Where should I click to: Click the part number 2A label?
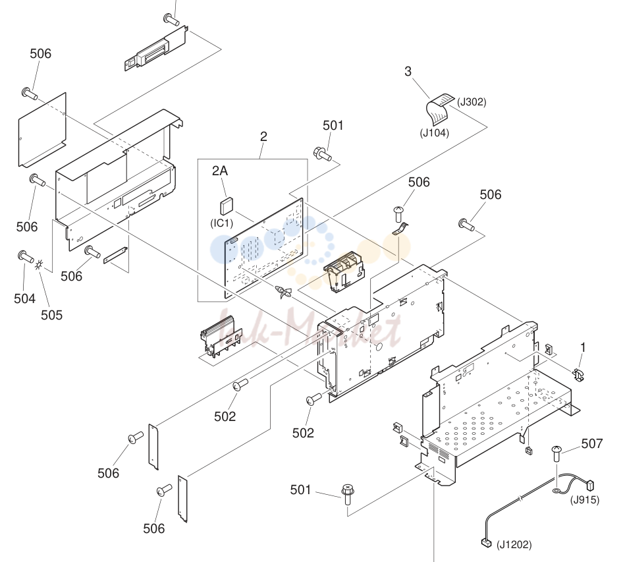[220, 171]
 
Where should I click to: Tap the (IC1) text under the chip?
[222, 223]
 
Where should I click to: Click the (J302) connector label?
[472, 102]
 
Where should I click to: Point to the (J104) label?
[435, 132]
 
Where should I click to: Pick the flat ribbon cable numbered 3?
[440, 109]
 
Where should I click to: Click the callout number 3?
[408, 72]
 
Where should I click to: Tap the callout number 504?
[24, 298]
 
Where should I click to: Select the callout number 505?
[51, 315]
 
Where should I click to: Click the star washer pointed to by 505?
[39, 265]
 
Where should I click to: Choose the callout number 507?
[591, 443]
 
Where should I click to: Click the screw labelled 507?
[556, 454]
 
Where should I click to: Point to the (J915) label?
[585, 499]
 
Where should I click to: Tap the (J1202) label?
[514, 544]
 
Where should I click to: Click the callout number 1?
[583, 348]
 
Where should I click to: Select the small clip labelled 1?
[578, 375]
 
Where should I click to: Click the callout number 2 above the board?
[263, 137]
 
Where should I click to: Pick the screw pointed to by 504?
[26, 257]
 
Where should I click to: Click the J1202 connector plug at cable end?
[486, 542]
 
